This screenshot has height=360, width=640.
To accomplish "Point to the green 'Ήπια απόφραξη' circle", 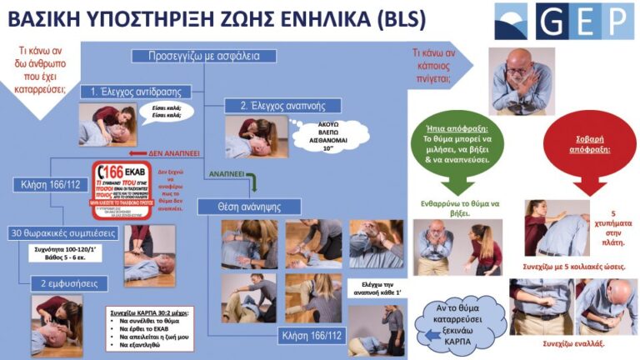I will pyautogui.click(x=452, y=143).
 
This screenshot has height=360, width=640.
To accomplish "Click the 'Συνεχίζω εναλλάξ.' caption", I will pyautogui.click(x=572, y=343).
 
